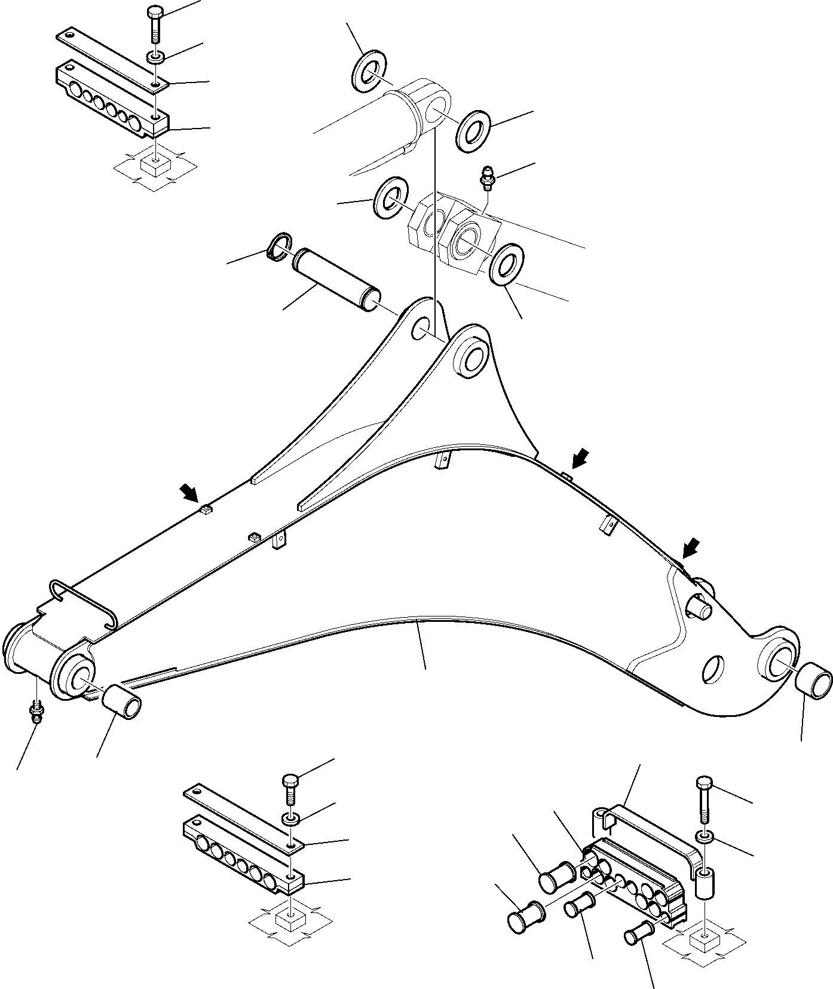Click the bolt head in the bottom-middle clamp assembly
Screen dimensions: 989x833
pos(290,782)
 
